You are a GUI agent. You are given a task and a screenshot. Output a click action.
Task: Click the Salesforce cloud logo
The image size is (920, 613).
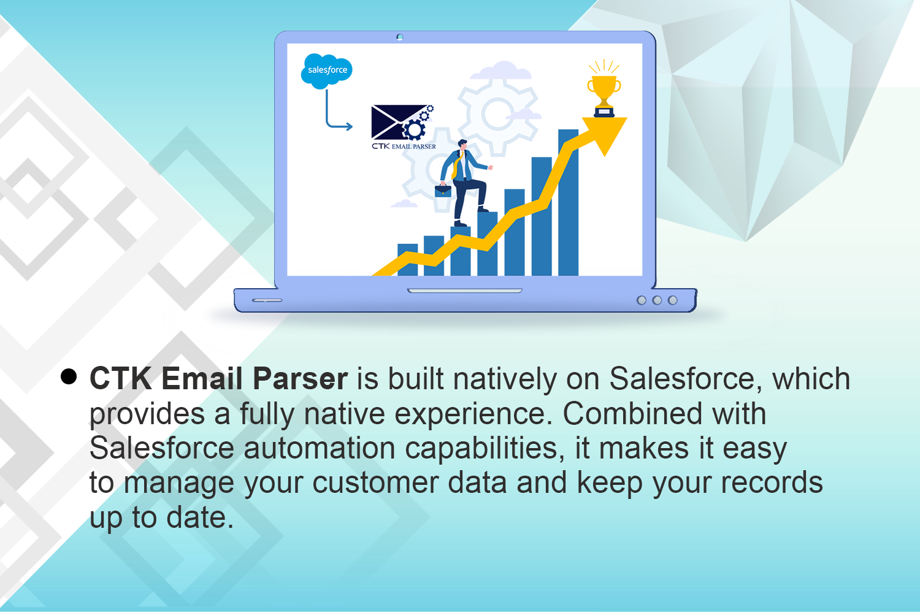326,70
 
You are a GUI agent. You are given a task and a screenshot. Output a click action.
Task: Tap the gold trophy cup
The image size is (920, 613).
604,91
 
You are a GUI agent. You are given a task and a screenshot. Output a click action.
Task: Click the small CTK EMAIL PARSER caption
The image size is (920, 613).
404,147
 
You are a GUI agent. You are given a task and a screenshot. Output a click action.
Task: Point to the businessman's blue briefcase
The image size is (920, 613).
443,191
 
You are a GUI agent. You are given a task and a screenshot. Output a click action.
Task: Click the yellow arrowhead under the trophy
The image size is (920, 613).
605,134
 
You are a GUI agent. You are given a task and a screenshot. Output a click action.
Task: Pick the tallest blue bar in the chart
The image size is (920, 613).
568,202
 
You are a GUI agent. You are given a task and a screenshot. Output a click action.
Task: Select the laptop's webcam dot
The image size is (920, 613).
400,37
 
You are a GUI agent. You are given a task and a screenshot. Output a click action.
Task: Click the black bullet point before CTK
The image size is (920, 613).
69,376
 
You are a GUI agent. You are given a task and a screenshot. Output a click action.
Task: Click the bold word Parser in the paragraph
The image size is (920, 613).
300,379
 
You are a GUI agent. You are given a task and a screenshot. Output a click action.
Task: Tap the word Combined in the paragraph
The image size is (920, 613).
632,414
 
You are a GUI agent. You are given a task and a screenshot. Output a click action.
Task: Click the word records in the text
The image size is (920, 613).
772,483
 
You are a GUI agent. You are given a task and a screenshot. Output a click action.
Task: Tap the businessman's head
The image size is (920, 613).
462,145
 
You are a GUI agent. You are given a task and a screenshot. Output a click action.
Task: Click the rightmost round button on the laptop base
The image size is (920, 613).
673,300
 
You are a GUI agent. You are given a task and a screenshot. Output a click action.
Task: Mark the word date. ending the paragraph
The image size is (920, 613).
200,518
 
